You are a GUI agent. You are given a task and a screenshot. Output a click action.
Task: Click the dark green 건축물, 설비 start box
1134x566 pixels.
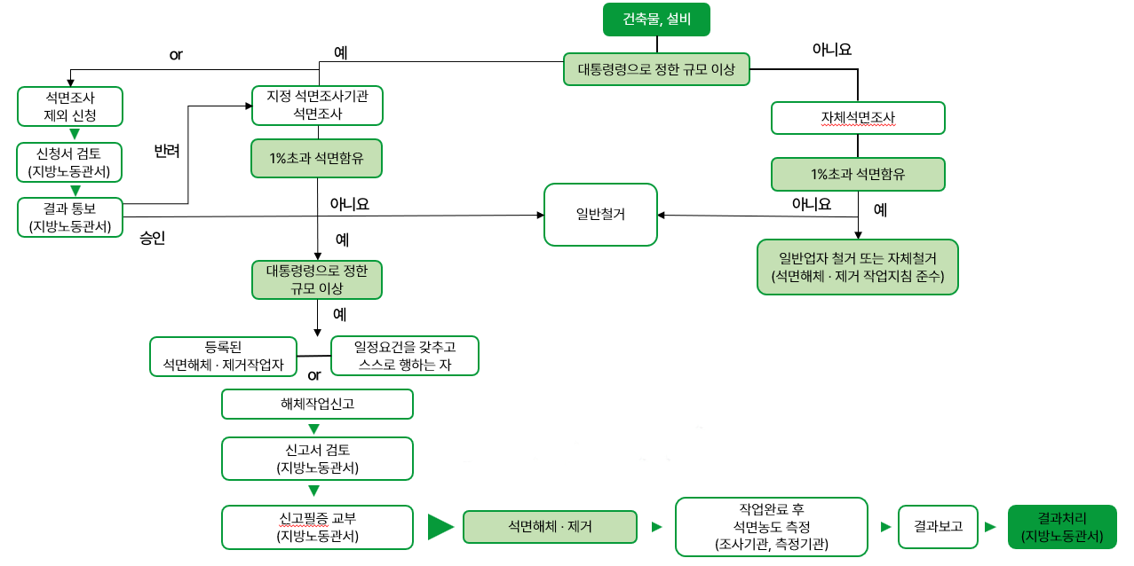point(657,20)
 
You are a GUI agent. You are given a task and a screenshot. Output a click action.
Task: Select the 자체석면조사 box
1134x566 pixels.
point(858,117)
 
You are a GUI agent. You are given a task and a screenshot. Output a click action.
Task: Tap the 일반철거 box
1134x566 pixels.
point(600,214)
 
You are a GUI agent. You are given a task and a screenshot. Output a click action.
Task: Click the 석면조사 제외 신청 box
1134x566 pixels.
point(70,106)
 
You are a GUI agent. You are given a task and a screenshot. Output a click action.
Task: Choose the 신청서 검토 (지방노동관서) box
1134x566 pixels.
point(70,161)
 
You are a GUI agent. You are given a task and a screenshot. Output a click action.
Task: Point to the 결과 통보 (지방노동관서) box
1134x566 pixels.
point(70,217)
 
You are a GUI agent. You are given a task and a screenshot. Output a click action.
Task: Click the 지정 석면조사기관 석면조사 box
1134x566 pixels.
point(317,105)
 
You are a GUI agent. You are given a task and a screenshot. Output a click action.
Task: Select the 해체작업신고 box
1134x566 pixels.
point(317,405)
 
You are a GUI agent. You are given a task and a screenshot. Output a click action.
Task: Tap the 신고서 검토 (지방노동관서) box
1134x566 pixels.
point(317,458)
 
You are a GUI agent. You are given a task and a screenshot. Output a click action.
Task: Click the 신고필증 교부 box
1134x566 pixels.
point(317,527)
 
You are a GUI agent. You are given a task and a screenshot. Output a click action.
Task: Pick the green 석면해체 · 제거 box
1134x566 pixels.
point(551,527)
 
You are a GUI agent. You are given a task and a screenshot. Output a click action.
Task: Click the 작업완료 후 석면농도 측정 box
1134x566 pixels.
point(771,527)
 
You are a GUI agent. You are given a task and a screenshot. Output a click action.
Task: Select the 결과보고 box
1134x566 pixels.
point(938,526)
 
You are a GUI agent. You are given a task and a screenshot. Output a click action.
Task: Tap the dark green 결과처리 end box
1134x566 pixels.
point(1062,527)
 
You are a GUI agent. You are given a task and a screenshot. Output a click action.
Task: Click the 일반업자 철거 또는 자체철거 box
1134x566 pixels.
point(858,266)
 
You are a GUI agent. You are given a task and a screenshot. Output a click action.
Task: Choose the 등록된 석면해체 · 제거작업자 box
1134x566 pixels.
point(223,356)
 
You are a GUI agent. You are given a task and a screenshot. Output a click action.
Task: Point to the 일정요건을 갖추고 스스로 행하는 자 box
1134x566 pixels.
point(404,355)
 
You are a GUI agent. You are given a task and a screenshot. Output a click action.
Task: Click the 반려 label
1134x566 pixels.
point(167,152)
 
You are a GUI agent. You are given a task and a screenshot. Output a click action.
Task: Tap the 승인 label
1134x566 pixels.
point(153,238)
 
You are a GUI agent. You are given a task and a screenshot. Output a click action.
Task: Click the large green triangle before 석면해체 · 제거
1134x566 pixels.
point(440,527)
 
